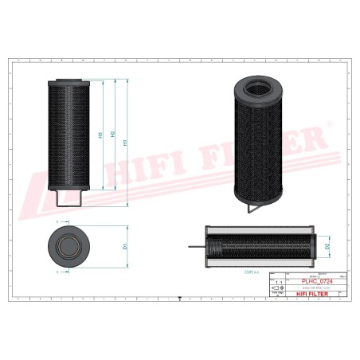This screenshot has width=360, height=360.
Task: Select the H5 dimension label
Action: tap(100, 135)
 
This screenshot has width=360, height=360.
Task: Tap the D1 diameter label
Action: tap(127, 245)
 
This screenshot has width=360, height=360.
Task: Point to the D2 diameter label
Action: tap(329, 246)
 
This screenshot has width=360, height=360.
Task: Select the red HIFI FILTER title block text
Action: tap(310, 295)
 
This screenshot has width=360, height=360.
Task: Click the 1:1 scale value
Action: tap(277, 283)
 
